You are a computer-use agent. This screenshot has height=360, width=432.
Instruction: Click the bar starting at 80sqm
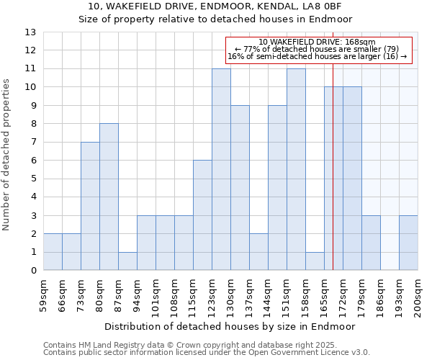pyautogui.click(x=109, y=197)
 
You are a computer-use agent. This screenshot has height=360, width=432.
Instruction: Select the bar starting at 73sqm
pyautogui.click(x=90, y=206)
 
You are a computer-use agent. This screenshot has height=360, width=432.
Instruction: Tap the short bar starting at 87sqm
pyautogui.click(x=127, y=261)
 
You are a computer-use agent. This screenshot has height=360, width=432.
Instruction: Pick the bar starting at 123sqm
pyautogui.click(x=221, y=169)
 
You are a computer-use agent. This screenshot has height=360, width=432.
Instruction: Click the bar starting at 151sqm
pyautogui.click(x=296, y=169)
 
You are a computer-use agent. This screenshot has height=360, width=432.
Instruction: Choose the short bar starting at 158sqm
pyautogui.click(x=315, y=261)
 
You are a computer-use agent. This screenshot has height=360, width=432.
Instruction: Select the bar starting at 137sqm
pyautogui.click(x=258, y=252)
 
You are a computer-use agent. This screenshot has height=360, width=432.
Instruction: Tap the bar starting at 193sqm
pyautogui.click(x=408, y=243)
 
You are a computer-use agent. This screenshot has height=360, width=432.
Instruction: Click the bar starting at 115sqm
pyautogui.click(x=202, y=215)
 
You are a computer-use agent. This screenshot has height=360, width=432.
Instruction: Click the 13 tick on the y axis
pyautogui.click(x=30, y=32)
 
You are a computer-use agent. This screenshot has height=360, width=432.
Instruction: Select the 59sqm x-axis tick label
pyautogui.click(x=43, y=293)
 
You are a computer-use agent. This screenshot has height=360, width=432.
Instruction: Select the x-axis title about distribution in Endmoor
pyautogui.click(x=230, y=326)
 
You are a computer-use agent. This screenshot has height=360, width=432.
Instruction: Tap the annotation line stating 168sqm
pyautogui.click(x=318, y=42)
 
